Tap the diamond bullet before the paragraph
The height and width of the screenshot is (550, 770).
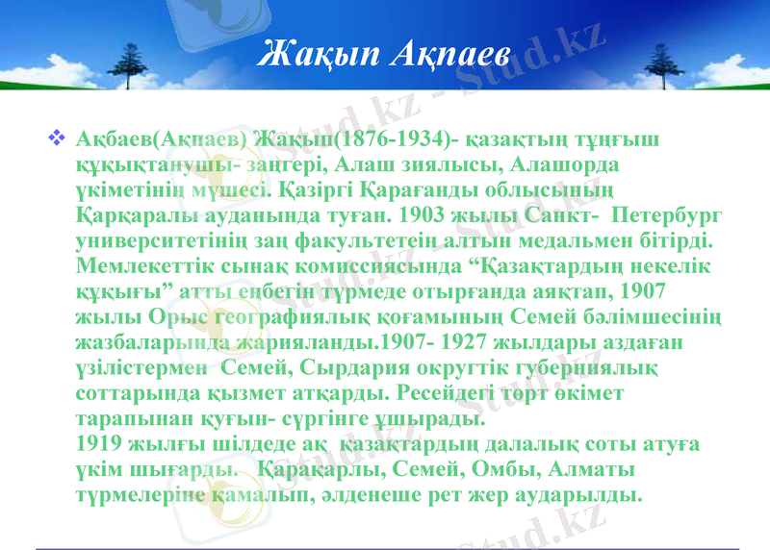(x=55, y=139)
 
